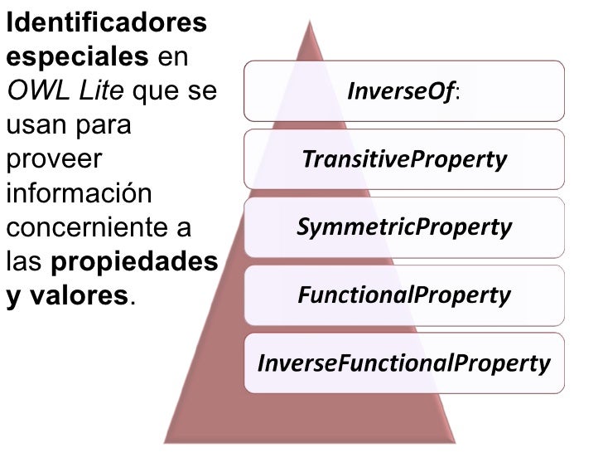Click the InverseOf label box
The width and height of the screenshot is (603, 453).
[404, 90]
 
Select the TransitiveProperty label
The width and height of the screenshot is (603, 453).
[404, 158]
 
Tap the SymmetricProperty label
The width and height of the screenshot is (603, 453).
[404, 226]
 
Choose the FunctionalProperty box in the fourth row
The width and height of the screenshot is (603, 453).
[404, 295]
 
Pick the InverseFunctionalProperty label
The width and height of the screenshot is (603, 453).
[404, 363]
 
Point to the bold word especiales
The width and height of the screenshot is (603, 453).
[76, 59]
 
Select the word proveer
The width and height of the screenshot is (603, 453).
[53, 158]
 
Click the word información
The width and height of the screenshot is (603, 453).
[79, 192]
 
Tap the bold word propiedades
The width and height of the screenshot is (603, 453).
[134, 261]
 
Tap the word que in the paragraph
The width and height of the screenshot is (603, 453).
[157, 92]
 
